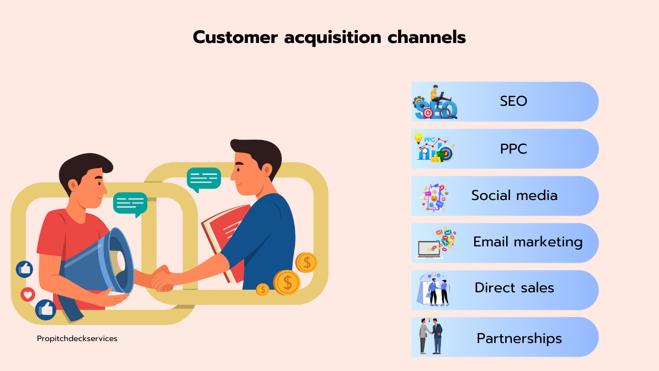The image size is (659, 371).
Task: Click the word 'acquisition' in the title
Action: (x=332, y=38)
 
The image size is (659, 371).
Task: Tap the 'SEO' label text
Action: (x=513, y=101)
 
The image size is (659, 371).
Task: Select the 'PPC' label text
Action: (x=513, y=149)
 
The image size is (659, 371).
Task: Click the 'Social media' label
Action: (x=514, y=195)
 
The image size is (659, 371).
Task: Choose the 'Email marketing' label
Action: (x=528, y=242)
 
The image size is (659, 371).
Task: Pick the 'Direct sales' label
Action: (x=514, y=287)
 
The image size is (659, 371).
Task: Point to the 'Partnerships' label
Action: (x=519, y=338)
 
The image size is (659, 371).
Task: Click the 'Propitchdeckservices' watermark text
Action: (x=77, y=339)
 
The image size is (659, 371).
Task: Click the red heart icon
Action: (x=28, y=294)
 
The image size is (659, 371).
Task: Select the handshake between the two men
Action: (x=162, y=279)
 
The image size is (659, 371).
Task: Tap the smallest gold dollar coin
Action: (x=262, y=290)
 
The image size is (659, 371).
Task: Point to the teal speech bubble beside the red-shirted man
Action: (x=130, y=204)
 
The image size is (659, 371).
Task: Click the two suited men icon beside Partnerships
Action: (x=431, y=336)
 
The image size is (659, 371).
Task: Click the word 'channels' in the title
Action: (x=426, y=38)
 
